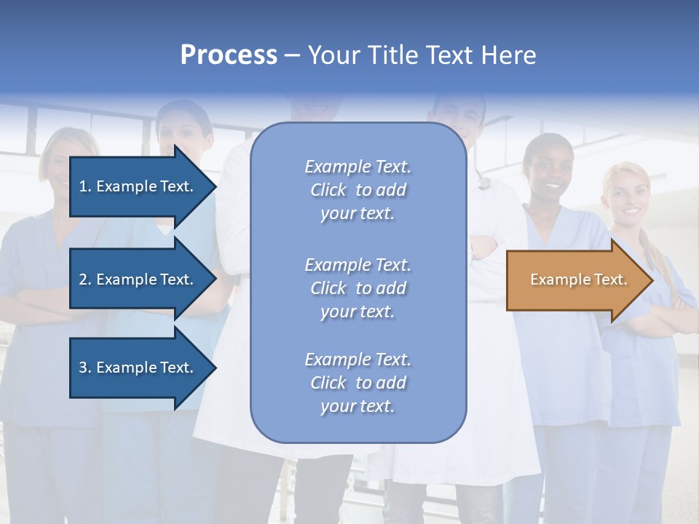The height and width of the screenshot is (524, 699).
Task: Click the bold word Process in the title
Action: (229, 55)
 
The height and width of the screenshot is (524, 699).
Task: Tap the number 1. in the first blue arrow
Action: (85, 186)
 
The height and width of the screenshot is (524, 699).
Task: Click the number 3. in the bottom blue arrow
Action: (85, 368)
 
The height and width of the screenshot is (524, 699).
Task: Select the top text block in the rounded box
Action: (358, 190)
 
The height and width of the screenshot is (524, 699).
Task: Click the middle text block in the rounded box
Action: (358, 288)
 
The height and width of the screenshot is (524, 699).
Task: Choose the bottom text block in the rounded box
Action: (358, 383)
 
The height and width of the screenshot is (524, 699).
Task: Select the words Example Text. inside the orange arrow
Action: (578, 279)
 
